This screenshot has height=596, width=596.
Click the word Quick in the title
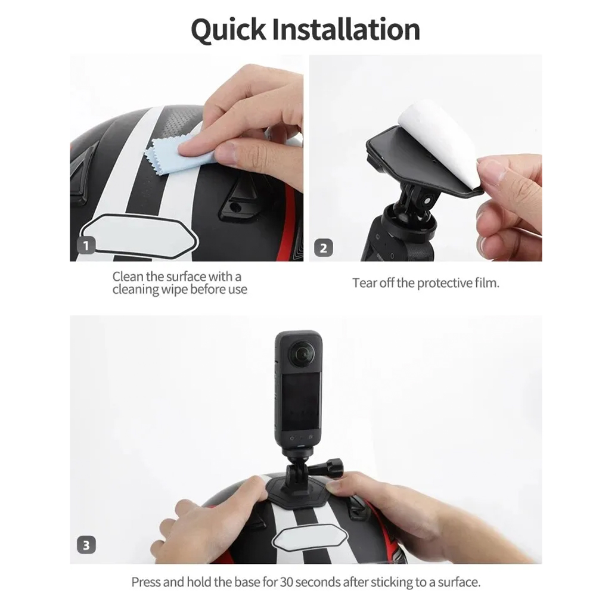pos(228,29)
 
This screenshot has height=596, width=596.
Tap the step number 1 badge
pos(86,245)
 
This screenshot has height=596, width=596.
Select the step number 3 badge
pos(86,545)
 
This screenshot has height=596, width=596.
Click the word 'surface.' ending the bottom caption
pos(460,582)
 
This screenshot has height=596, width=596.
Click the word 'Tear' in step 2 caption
pos(364,283)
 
